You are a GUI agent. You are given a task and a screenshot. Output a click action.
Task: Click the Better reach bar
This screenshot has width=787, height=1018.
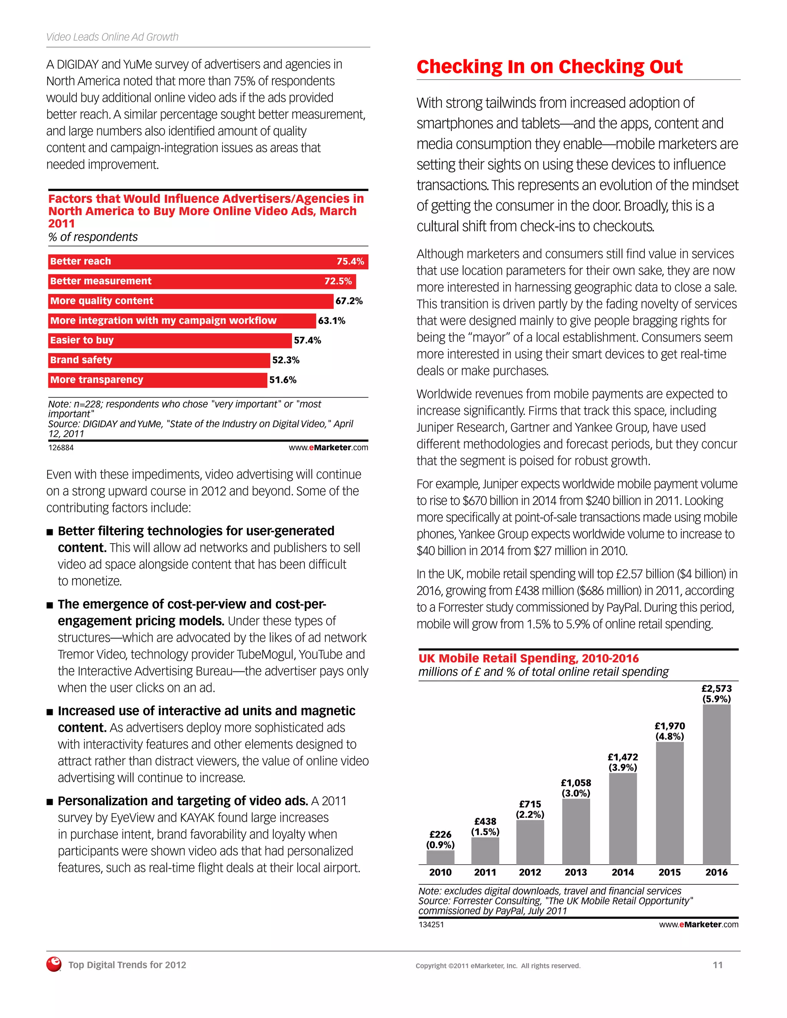pyautogui.click(x=208, y=262)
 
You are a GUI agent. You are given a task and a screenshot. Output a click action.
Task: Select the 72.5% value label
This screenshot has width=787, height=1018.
pyautogui.click(x=338, y=281)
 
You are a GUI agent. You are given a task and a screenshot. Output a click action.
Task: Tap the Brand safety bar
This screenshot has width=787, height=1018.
pyautogui.click(x=159, y=360)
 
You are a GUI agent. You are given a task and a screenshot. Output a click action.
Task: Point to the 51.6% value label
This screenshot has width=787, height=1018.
pyautogui.click(x=282, y=380)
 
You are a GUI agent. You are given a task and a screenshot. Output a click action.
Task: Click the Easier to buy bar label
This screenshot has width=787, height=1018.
pyautogui.click(x=82, y=340)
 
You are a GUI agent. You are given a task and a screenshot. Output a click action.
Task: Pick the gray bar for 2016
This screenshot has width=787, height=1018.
pyautogui.click(x=716, y=784)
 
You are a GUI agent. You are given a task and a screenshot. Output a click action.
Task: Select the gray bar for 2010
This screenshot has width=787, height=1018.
pyautogui.click(x=440, y=857)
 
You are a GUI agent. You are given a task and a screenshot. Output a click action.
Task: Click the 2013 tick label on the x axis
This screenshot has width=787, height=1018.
pyautogui.click(x=576, y=872)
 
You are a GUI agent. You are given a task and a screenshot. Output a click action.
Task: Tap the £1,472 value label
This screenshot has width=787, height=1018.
pyautogui.click(x=623, y=757)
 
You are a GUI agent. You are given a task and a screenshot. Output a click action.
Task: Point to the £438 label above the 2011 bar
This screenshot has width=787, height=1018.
pyautogui.click(x=485, y=821)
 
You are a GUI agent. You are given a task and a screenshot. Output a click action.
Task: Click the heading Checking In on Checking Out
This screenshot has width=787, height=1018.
pyautogui.click(x=549, y=67)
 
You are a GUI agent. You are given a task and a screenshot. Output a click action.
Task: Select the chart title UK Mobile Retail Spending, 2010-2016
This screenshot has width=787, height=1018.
pyautogui.click(x=528, y=658)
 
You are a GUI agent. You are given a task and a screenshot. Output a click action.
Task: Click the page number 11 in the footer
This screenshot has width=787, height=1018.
pyautogui.click(x=717, y=965)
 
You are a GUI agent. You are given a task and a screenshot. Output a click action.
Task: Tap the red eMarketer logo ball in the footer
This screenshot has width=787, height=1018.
pyautogui.click(x=54, y=964)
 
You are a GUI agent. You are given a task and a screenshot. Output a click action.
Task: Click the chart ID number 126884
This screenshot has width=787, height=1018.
pyautogui.click(x=61, y=448)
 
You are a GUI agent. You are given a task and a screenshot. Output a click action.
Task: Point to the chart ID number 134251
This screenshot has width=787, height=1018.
pyautogui.click(x=431, y=924)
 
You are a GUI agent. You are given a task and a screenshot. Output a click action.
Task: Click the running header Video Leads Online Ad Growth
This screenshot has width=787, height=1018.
pyautogui.click(x=112, y=37)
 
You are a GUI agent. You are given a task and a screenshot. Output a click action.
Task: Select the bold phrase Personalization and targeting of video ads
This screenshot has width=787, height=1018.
pyautogui.click(x=183, y=801)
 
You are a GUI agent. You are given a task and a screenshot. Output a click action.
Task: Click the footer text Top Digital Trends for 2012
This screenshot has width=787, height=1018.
pyautogui.click(x=127, y=965)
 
